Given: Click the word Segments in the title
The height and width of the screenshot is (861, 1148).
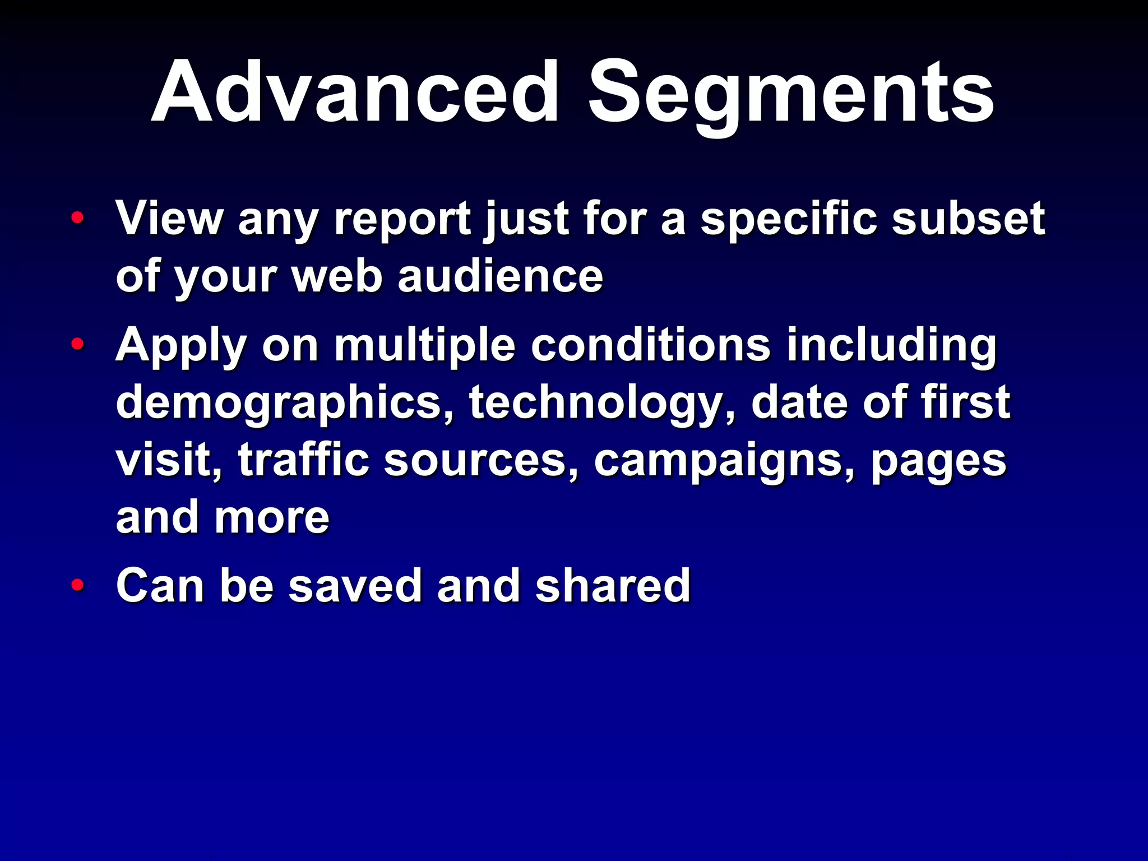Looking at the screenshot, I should point(790,92).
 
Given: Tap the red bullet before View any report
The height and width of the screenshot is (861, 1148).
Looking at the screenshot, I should point(78,217).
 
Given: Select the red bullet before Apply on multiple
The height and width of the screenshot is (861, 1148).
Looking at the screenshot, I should point(78,344).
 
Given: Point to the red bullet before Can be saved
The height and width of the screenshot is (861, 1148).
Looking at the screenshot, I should point(78,585).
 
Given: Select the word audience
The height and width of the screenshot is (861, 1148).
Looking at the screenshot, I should point(500,277).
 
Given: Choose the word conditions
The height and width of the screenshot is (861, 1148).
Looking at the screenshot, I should point(651,345).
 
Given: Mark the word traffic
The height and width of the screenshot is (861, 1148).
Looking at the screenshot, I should point(303,460).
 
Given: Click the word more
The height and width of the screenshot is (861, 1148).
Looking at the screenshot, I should point(272,519).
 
